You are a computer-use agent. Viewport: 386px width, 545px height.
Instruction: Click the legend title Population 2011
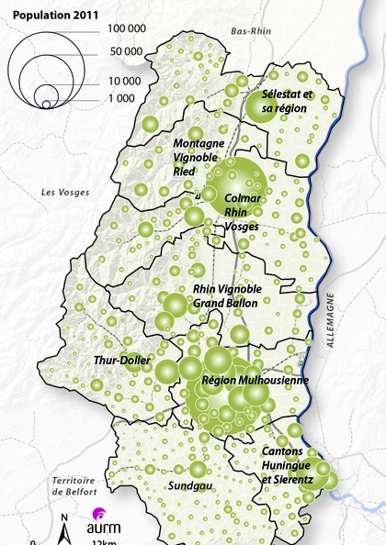click(54, 15)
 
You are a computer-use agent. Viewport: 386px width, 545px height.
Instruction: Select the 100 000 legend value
click(122, 32)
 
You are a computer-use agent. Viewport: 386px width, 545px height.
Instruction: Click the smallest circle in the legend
click(46, 105)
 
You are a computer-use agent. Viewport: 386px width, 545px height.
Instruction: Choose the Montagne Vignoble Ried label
click(199, 158)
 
